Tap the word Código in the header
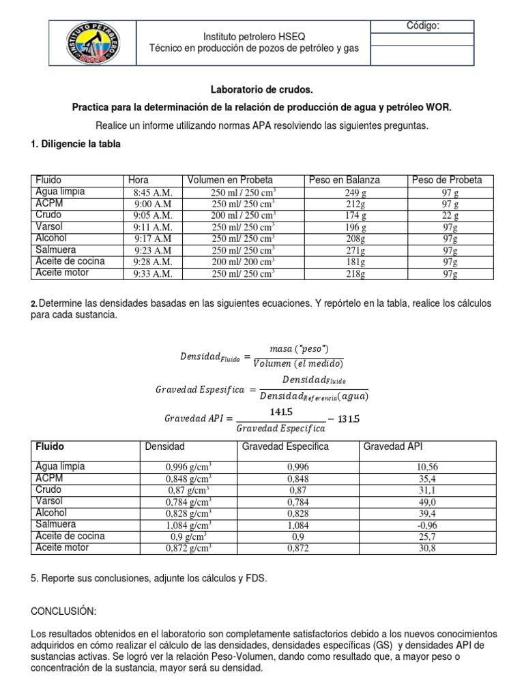[423, 26]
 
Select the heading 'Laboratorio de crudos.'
[262, 90]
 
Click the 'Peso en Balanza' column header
[345, 180]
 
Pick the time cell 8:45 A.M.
[154, 192]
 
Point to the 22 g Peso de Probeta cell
[450, 215]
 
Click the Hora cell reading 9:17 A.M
[154, 239]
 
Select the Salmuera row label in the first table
[57, 250]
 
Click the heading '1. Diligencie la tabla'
[75, 144]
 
